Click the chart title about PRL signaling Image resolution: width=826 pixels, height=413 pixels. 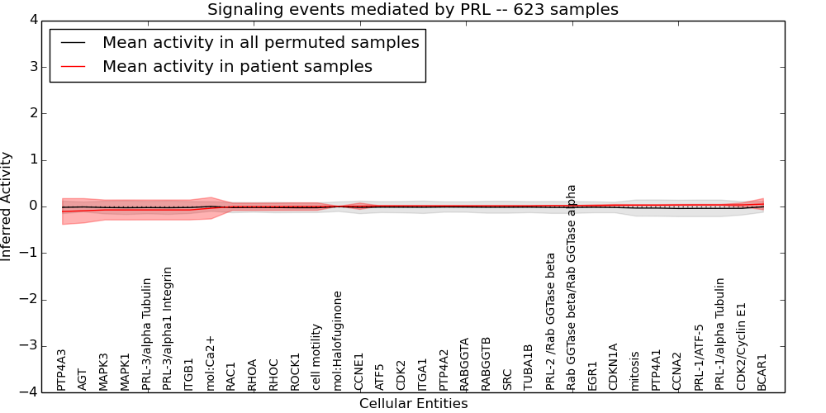[412, 9]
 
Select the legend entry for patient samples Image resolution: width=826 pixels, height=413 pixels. [237, 67]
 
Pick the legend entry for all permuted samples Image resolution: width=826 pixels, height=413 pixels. [260, 43]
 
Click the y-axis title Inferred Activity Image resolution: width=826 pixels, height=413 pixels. [7, 206]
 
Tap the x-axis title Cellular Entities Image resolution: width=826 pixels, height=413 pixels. [413, 404]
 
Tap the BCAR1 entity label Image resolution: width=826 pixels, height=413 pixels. [762, 372]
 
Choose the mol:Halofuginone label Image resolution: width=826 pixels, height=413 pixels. [337, 340]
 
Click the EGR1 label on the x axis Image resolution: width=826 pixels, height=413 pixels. [592, 376]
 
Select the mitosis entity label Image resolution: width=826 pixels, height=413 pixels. [634, 371]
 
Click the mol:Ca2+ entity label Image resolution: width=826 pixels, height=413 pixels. [210, 363]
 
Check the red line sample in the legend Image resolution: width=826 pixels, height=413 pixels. [72, 67]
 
